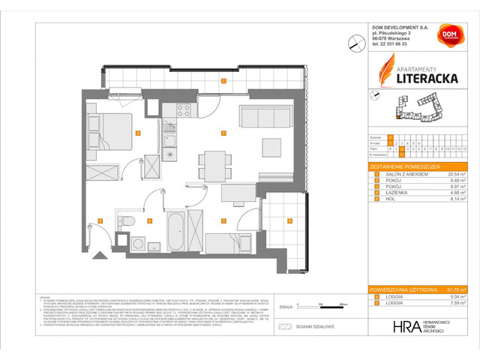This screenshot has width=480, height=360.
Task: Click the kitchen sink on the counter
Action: [x=170, y=141]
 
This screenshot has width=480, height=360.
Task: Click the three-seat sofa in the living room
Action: [x=264, y=117]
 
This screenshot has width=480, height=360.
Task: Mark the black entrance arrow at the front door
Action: [x=97, y=256]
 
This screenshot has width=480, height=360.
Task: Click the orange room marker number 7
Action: [x=223, y=80]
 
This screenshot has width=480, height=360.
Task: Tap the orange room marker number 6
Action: [x=289, y=220]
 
